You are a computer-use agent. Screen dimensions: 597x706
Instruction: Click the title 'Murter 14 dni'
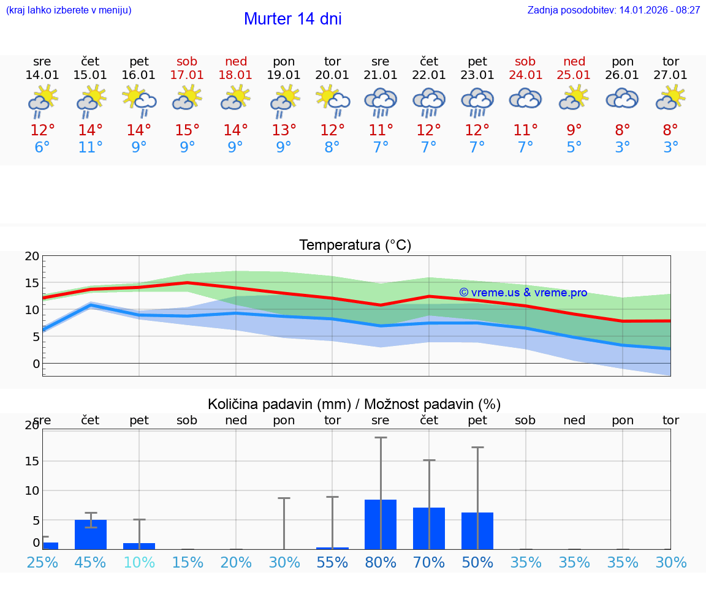(292, 19)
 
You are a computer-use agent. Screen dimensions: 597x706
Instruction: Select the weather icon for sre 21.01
(381, 102)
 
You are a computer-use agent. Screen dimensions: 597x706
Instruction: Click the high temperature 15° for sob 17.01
(187, 130)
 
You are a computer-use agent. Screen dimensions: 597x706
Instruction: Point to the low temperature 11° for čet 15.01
(90, 148)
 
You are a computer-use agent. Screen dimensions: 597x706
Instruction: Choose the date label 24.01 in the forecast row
(525, 75)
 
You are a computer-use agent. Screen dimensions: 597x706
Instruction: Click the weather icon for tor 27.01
(670, 97)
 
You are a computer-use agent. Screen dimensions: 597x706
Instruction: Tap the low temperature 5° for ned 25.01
(574, 148)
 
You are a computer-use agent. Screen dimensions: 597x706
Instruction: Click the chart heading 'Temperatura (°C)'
(355, 246)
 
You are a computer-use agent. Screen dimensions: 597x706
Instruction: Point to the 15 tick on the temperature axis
(32, 283)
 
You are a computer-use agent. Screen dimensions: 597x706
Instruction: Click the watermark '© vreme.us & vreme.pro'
(523, 293)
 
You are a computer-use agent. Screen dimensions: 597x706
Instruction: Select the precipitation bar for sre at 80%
(381, 524)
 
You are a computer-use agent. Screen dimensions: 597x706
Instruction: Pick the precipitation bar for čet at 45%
(91, 535)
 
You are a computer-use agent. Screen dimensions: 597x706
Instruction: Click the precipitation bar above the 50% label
(477, 530)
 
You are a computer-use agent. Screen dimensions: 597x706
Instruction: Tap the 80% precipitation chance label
(381, 563)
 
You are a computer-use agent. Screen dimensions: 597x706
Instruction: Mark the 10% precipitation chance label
(139, 563)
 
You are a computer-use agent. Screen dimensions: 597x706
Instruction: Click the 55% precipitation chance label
(332, 563)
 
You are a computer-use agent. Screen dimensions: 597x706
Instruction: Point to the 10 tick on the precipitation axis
(32, 490)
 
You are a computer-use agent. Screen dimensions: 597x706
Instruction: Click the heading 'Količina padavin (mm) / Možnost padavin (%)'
(354, 404)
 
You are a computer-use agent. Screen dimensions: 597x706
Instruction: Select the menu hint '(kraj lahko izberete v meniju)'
(69, 10)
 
